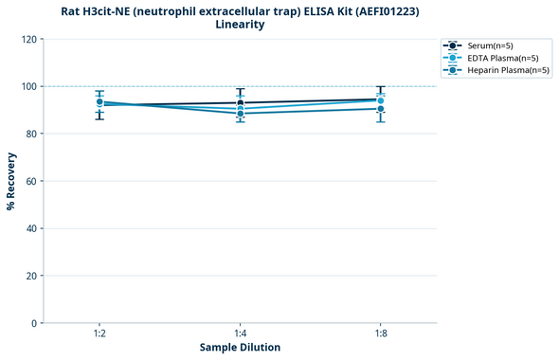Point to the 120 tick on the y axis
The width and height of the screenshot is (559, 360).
point(30,39)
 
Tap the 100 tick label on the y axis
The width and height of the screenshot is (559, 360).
point(30,86)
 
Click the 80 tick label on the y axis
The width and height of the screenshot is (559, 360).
point(32,134)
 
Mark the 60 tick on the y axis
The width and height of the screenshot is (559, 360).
point(32,181)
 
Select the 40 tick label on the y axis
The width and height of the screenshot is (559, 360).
point(32,228)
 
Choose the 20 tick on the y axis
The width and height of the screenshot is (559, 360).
point(32,276)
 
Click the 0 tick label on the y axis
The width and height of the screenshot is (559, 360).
point(35,323)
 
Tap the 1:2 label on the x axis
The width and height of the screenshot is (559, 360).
point(99,334)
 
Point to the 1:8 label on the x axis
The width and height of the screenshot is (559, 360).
point(380,334)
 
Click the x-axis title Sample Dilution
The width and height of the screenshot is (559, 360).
point(240,348)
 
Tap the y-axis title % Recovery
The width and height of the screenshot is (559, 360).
point(11,180)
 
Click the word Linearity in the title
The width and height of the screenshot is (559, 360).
point(241,25)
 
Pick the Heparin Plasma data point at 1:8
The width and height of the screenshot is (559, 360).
point(380,109)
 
